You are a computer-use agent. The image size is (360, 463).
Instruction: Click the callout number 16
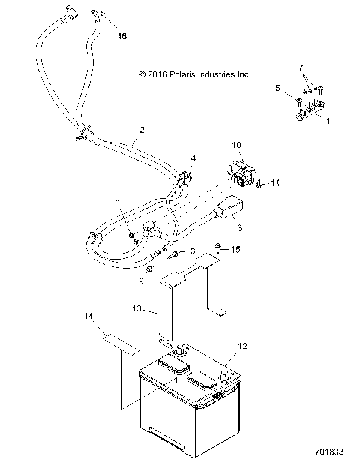pyautogui.click(x=123, y=35)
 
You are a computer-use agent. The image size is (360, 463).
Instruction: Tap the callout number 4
pyautogui.click(x=193, y=158)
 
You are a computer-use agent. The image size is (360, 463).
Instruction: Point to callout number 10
pyautogui.click(x=236, y=143)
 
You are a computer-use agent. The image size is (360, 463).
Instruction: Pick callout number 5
pyautogui.click(x=277, y=88)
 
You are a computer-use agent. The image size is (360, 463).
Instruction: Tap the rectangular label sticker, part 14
pyautogui.click(x=121, y=343)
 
